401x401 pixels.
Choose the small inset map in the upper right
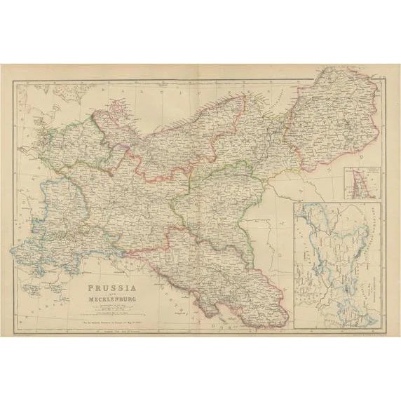pos(362,181)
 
